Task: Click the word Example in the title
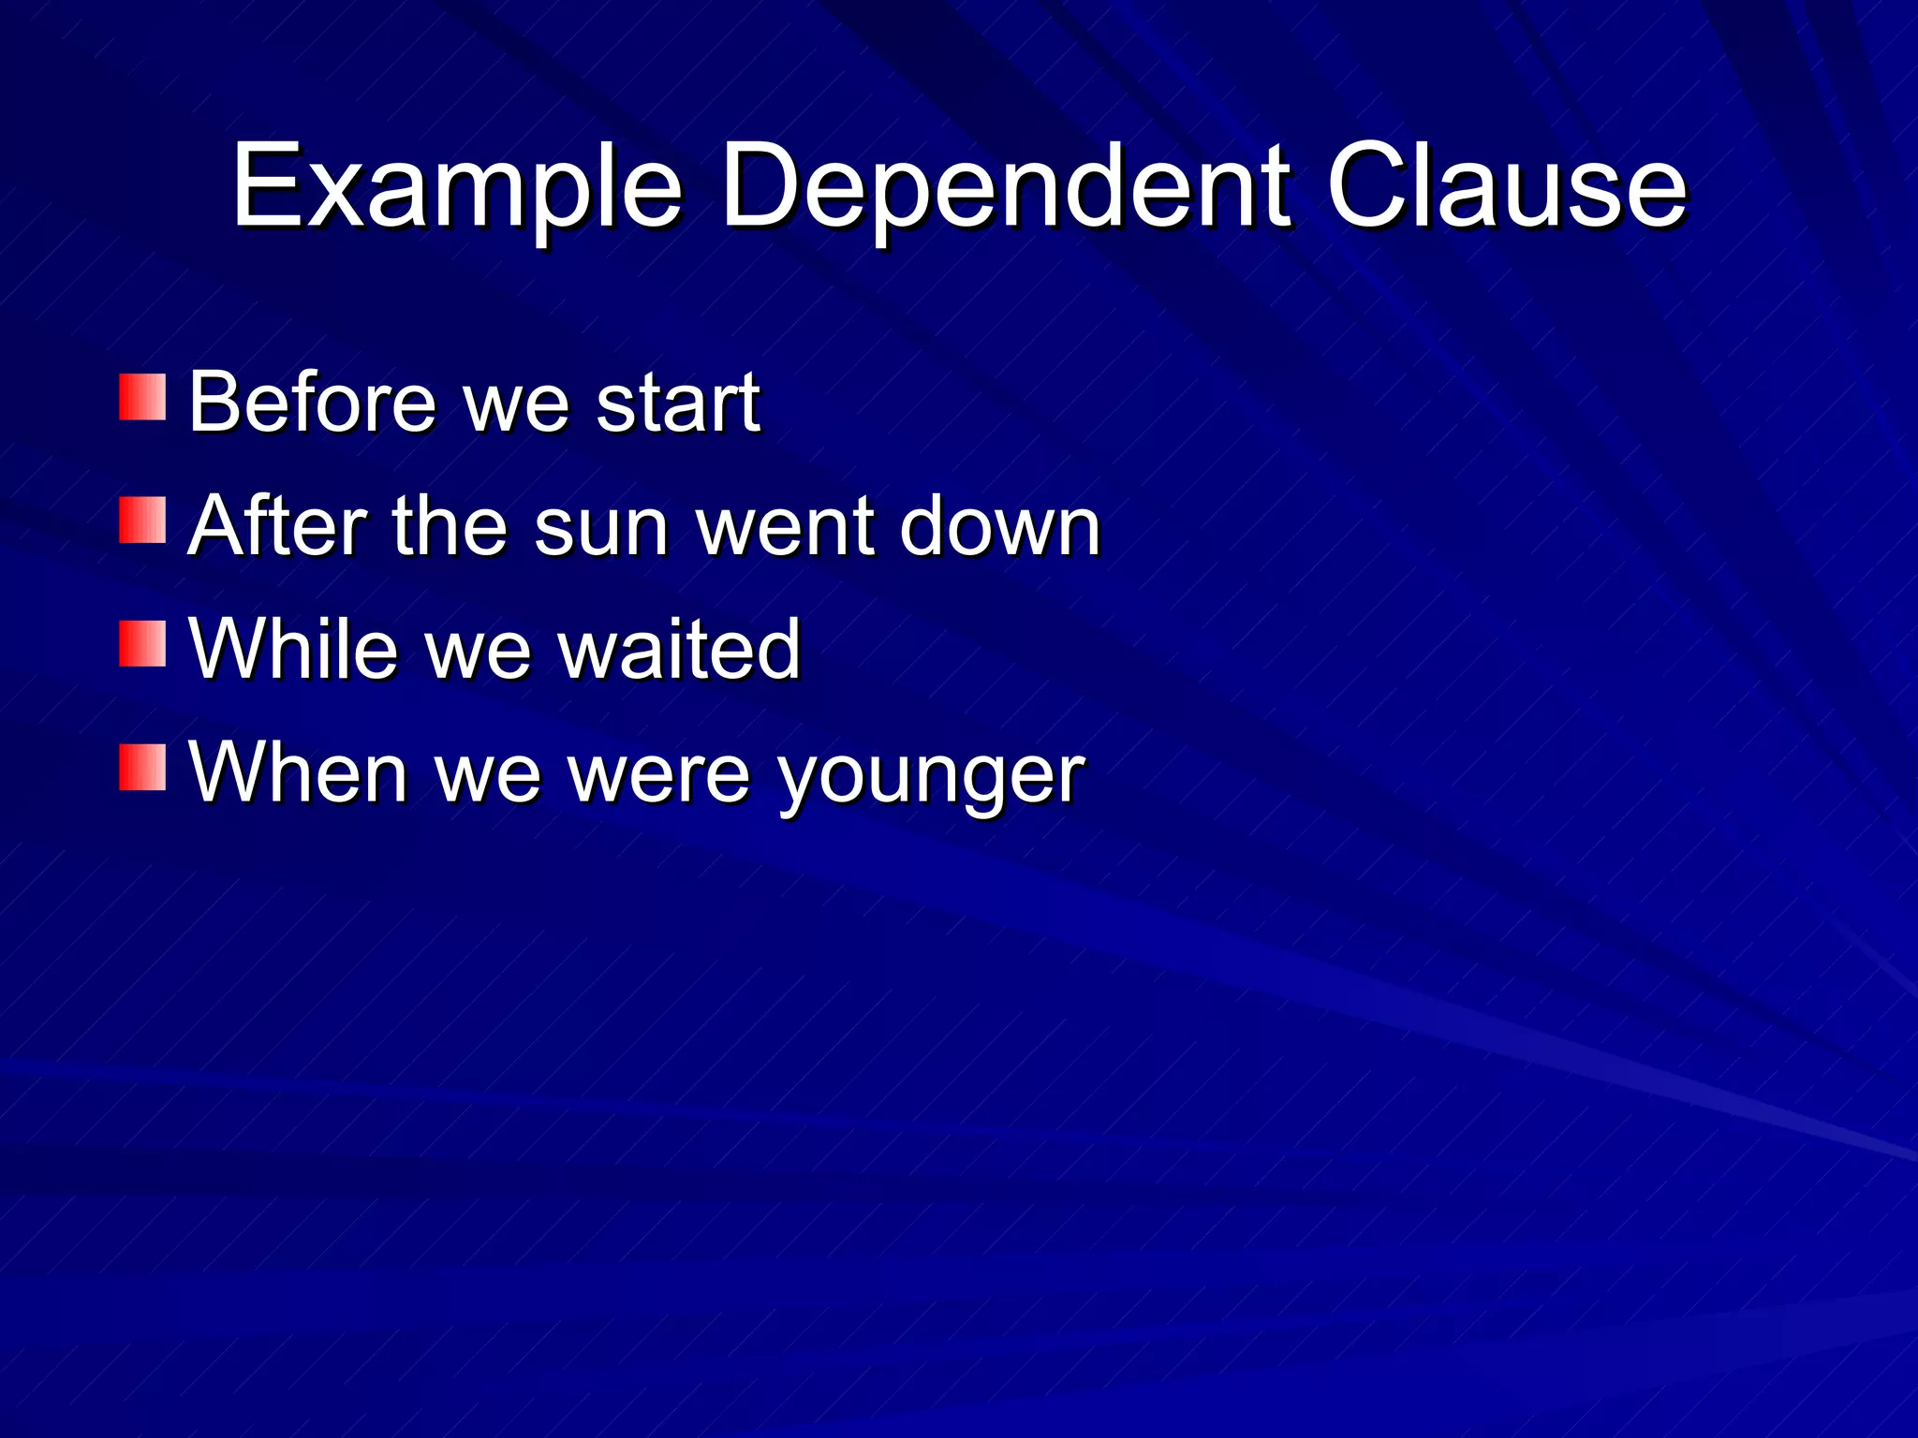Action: [x=457, y=187]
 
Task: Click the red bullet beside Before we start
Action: [x=142, y=398]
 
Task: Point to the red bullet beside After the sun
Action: [x=142, y=521]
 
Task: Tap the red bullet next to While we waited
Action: [x=142, y=644]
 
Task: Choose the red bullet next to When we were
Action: [x=142, y=768]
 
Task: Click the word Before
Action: [x=313, y=403]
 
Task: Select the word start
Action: [x=678, y=403]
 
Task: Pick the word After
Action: [x=277, y=526]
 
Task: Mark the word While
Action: [x=293, y=649]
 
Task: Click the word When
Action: [x=298, y=772]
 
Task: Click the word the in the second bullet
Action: [x=450, y=526]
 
